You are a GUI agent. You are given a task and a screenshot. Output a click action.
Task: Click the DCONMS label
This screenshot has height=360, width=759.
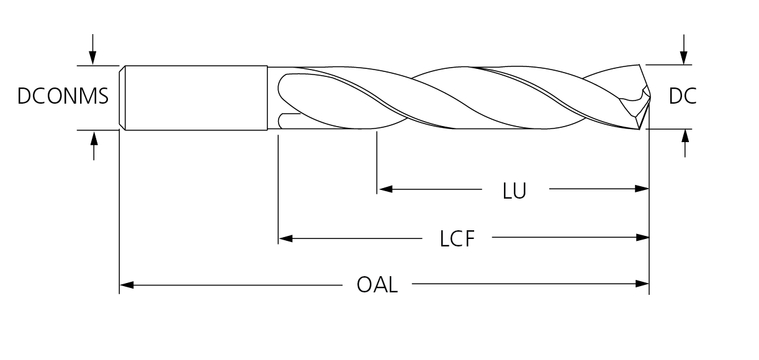coord(63,97)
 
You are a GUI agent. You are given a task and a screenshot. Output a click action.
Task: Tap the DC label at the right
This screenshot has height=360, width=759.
coord(683,97)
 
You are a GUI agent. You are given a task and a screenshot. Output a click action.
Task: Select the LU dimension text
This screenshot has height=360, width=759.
coord(514,191)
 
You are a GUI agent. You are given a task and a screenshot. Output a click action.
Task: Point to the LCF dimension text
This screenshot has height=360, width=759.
coord(457,239)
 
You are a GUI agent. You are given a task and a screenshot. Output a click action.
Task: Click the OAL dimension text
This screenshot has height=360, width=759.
coord(377,286)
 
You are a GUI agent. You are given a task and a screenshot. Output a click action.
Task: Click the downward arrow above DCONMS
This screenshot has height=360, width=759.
coord(92,58)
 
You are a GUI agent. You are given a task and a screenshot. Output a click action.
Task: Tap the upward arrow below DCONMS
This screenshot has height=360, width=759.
coord(94,138)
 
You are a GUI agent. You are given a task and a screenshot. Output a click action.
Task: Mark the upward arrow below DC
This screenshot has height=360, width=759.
coord(685,137)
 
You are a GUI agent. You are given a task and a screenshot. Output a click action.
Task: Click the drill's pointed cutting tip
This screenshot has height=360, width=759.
coord(649,94)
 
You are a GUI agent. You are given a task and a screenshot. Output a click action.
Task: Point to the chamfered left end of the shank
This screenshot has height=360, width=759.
coord(122,97)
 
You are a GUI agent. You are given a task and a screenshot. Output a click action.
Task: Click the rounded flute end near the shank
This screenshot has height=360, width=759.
coord(279,90)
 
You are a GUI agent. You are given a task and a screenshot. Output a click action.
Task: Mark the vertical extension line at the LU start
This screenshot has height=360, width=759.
coord(377,161)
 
